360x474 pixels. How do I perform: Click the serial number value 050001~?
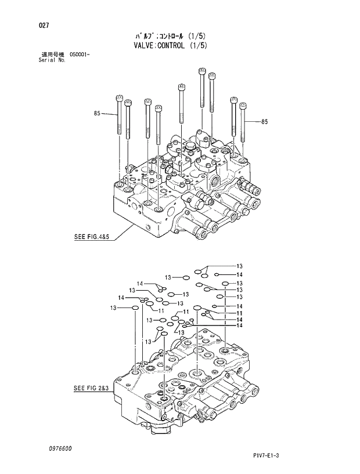[80, 54]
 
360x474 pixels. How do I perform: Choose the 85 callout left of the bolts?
[97, 113]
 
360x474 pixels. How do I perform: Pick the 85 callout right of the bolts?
[264, 121]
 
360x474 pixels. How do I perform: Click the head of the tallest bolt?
[201, 72]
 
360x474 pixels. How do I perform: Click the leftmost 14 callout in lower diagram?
[121, 298]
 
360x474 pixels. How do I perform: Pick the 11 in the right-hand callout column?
[239, 313]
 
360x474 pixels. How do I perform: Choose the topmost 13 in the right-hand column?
[239, 266]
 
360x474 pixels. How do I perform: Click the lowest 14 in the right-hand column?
[239, 325]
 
